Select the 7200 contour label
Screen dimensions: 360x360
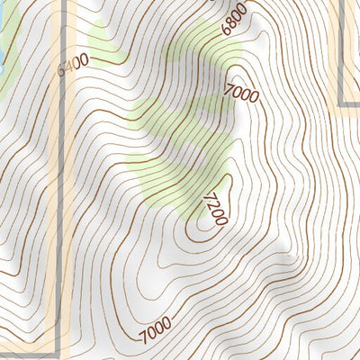tap(216, 208)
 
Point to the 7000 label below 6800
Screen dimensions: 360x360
tap(241, 92)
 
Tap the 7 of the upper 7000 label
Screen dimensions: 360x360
tap(229, 87)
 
